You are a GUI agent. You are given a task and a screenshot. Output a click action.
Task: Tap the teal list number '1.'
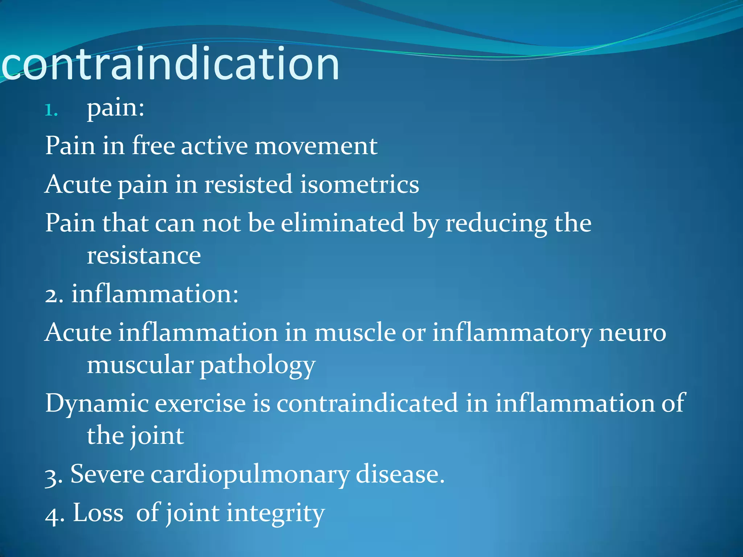[x=51, y=111]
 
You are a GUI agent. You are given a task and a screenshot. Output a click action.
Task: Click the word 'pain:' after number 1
[x=115, y=108]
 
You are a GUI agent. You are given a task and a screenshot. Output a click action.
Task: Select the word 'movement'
[x=316, y=146]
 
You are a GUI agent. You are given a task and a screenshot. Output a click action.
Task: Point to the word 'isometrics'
[x=359, y=185]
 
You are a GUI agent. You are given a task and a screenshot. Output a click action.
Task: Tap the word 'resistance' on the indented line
[x=144, y=256]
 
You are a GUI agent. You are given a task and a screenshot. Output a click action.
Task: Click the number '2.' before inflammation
[x=54, y=294]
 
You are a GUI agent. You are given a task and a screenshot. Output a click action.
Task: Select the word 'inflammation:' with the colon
[x=155, y=294]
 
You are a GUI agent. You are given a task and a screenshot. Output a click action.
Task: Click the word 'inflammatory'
[x=512, y=333]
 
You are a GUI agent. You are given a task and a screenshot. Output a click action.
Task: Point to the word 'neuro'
[x=632, y=333]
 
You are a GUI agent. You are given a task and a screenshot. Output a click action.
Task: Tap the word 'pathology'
[x=258, y=366]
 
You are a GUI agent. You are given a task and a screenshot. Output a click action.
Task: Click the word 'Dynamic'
[x=97, y=404]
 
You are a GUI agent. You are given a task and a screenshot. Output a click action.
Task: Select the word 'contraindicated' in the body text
[x=367, y=403]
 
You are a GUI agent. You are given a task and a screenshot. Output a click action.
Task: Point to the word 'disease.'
[x=400, y=474]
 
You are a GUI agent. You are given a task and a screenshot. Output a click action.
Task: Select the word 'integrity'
[x=276, y=513]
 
